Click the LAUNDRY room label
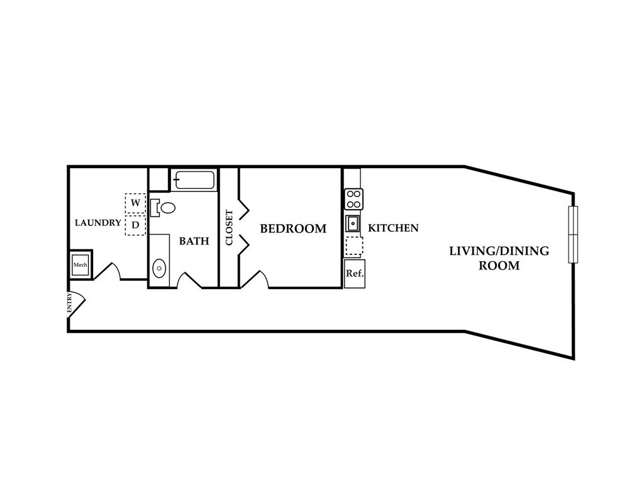pos(97,223)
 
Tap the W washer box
pos(135,203)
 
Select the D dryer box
pos(135,225)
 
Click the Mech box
pos(80,266)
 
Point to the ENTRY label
pos(70,303)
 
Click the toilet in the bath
pos(164,207)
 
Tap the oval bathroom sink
pos(160,268)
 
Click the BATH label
pos(194,241)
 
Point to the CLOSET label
pos(230,228)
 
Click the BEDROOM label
pos(293,229)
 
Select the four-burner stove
pos(353,200)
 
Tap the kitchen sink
pos(353,224)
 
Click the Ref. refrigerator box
pos(353,274)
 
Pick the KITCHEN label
pos(393,228)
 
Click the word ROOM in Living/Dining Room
pos(499,266)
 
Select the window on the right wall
pos(572,234)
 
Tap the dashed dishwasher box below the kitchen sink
pos(354,246)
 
